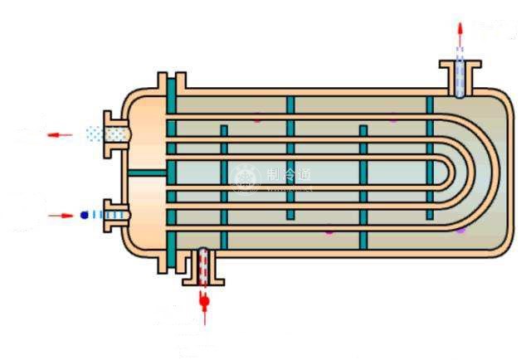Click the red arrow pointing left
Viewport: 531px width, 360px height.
59,134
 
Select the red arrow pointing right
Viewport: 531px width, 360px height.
61,215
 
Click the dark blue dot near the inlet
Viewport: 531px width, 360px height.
84,215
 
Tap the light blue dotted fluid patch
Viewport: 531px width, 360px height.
99,133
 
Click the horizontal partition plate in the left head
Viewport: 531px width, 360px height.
147,173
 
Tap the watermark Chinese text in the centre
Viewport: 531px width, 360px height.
288,175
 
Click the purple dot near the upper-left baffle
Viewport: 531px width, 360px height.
256,121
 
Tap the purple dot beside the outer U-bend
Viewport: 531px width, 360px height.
461,230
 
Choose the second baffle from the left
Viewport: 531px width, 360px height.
290,158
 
